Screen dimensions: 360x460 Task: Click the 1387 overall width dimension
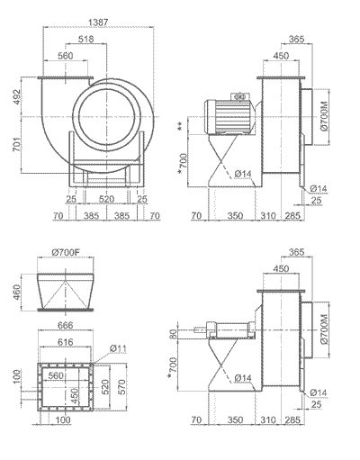98,23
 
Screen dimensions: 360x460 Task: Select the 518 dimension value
86,39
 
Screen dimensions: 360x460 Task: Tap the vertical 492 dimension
17,96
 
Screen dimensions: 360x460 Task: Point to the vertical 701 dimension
17,144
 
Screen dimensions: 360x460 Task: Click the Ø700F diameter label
65,253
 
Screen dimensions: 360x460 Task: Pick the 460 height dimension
17,293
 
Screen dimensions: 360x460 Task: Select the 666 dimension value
65,325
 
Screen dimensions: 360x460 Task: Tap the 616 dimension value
65,342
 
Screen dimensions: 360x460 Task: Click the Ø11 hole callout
118,348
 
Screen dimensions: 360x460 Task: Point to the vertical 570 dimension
121,387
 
